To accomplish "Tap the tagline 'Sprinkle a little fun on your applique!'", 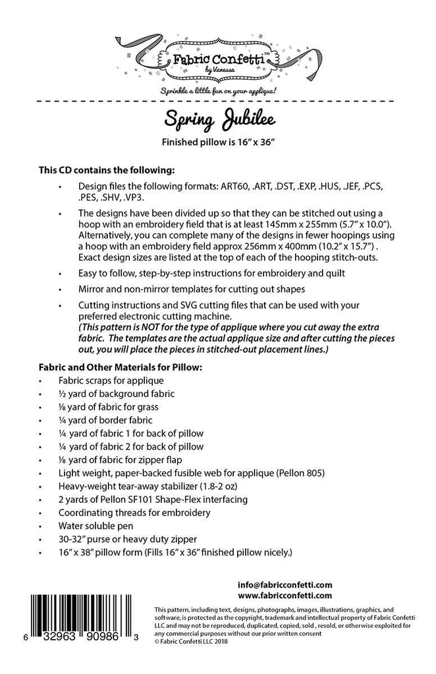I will pos(217,89).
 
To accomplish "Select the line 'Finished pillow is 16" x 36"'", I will pos(217,143).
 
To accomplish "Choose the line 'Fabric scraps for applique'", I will pos(120,380).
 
